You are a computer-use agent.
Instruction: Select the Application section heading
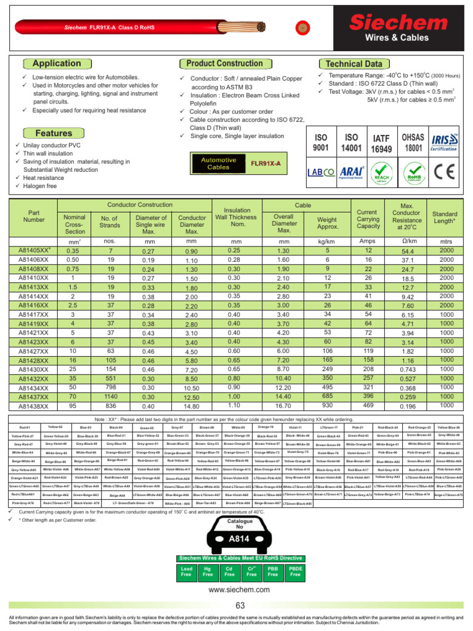coord(56,63)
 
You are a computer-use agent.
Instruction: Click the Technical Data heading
coord(353,64)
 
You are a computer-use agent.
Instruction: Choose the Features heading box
coord(54,133)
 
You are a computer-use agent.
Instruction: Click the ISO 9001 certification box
coord(321,144)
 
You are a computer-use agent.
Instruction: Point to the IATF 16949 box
coord(381,144)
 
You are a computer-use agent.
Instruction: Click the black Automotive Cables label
coord(211,163)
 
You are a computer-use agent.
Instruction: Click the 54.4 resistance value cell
coord(407,251)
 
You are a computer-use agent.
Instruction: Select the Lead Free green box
coord(187,571)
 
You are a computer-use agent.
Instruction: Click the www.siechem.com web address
coord(240,590)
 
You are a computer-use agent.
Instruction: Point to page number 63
coord(240,606)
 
